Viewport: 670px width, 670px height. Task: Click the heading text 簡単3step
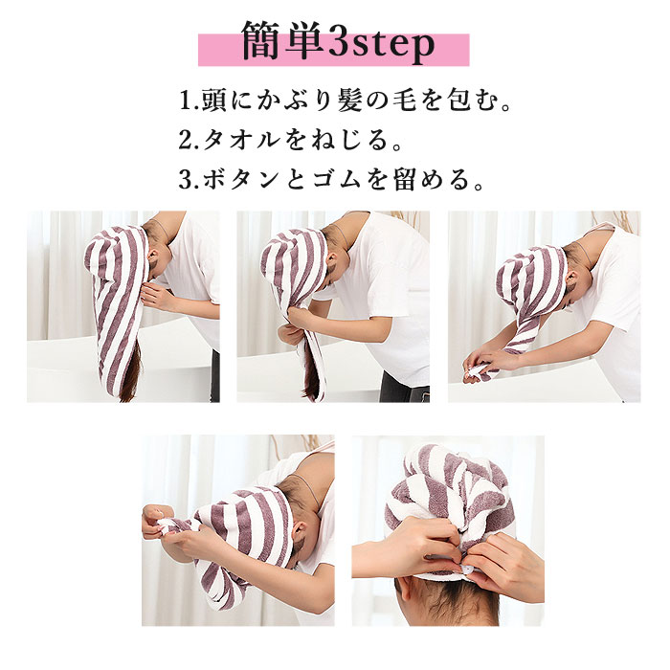[338, 42]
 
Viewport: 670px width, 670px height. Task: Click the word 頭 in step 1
[214, 100]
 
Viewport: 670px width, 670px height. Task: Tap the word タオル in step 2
[241, 140]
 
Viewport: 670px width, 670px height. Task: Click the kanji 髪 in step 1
[350, 100]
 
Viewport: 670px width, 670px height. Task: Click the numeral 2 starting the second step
[186, 141]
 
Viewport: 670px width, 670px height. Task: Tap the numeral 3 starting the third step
[186, 180]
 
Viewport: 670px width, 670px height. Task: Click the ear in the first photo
[152, 259]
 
